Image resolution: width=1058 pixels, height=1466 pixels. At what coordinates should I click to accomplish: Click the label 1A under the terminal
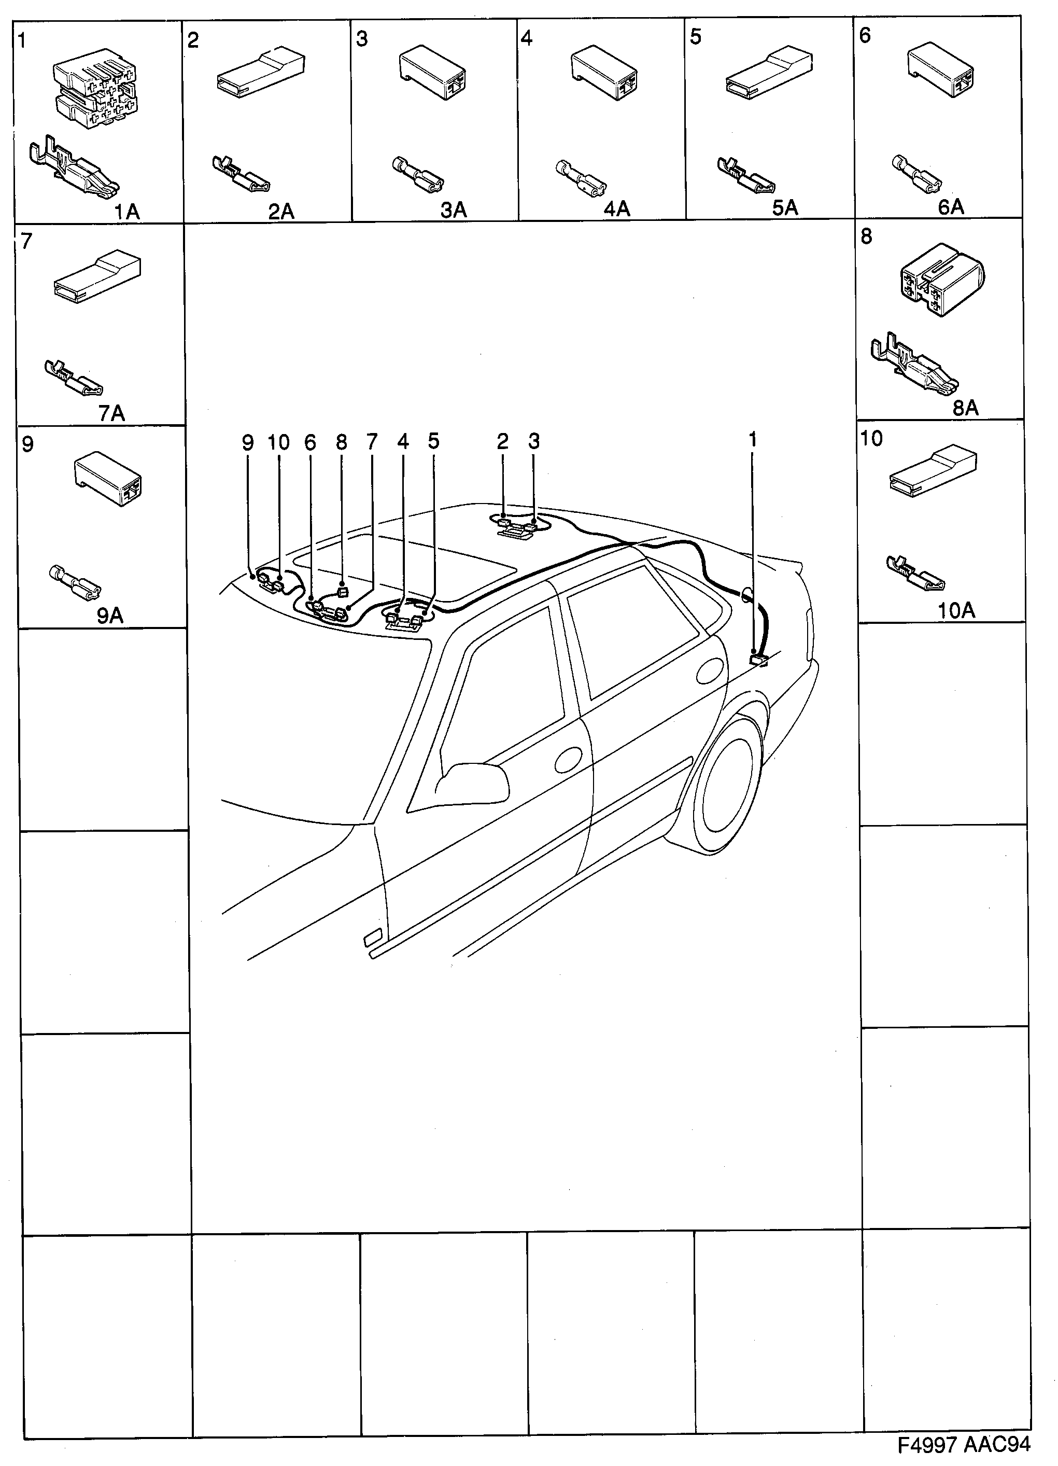pos(126,212)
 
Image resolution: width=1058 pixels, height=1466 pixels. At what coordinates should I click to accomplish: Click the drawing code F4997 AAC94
pos(963,1444)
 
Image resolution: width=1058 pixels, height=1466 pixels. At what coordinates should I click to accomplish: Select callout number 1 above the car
pos(752,440)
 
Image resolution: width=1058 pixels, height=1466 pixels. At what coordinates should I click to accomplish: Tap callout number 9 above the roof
pos(248,443)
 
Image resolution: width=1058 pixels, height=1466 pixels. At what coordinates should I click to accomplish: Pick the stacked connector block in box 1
pos(95,91)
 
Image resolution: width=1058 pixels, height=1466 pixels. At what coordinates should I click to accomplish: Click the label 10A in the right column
pos(956,610)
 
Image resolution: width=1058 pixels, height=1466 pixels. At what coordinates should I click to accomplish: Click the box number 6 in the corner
pos(865,36)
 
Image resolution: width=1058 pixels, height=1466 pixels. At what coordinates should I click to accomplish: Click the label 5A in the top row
pos(785,208)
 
